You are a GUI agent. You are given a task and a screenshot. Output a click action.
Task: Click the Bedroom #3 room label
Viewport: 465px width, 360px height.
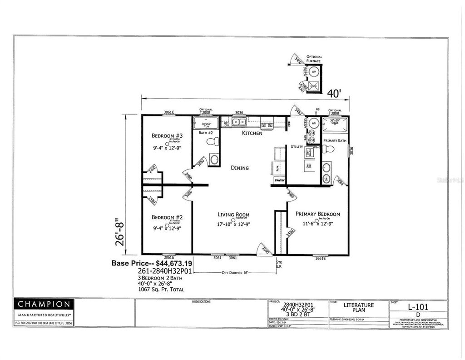(167, 136)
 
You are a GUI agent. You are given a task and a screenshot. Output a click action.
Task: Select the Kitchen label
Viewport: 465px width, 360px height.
(252, 133)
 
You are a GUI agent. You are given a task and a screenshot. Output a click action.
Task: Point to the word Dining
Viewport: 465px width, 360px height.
(239, 168)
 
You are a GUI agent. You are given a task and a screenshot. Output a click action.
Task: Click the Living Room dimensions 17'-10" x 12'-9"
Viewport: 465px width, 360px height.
(233, 223)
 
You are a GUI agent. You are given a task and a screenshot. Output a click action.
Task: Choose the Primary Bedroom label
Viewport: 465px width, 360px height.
(317, 214)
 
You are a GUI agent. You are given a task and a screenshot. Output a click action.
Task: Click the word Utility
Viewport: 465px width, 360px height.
(297, 147)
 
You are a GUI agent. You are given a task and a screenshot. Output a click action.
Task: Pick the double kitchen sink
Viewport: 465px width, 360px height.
(239, 122)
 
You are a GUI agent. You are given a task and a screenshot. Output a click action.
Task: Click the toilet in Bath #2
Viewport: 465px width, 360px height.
(212, 142)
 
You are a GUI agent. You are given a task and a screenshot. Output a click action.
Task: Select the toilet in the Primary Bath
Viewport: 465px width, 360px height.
(330, 149)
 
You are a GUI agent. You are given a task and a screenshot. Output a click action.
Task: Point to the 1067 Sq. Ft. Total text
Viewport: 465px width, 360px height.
(161, 289)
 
